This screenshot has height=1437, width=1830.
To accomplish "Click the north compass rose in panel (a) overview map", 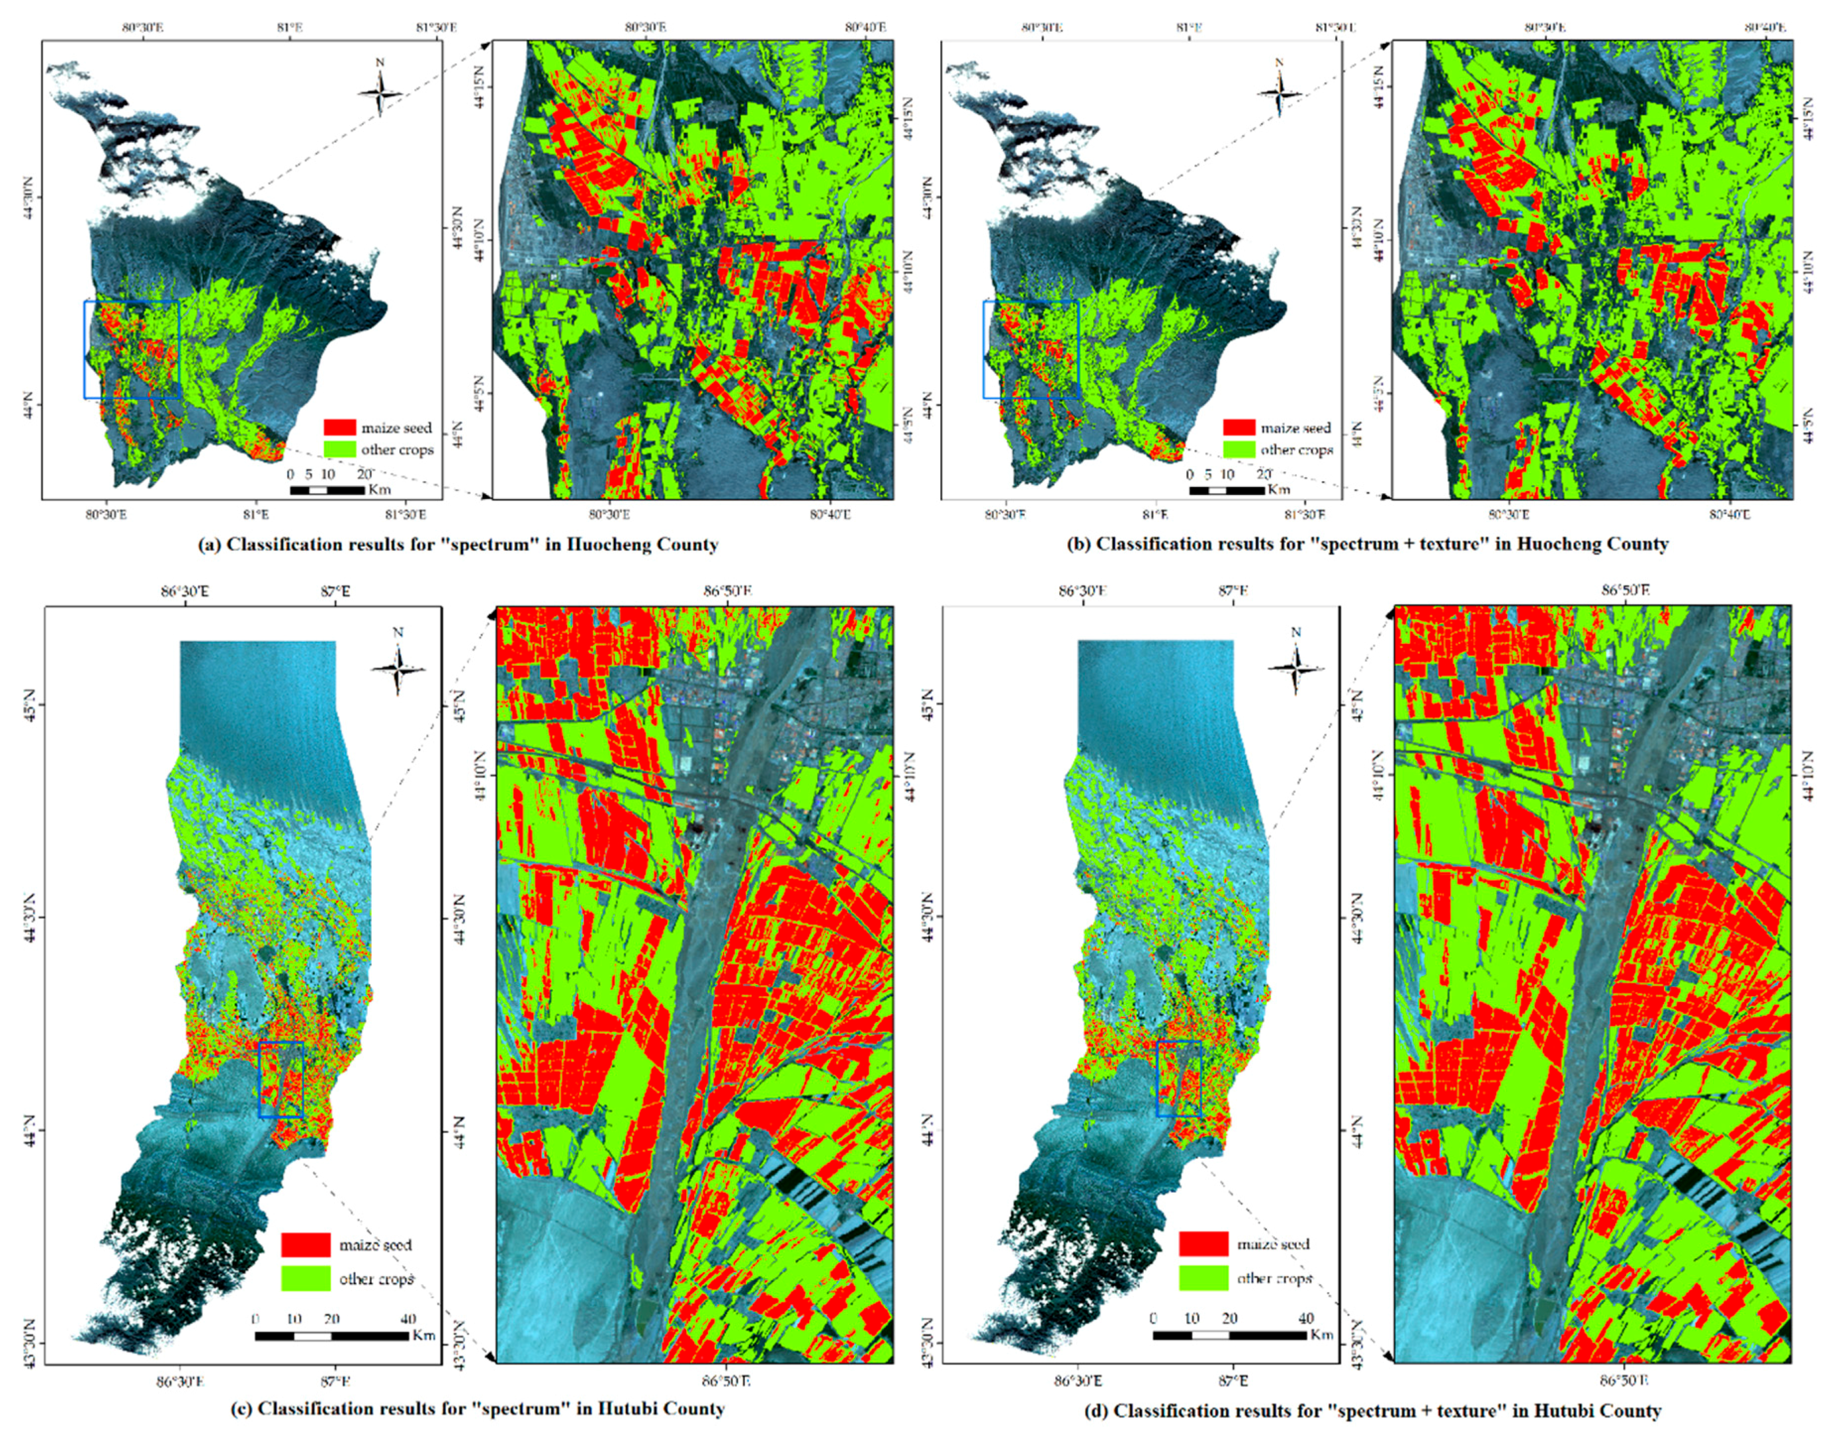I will (x=380, y=91).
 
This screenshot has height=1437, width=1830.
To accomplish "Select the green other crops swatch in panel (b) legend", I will (x=1238, y=449).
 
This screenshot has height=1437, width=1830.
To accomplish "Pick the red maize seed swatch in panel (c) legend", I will (x=305, y=1244).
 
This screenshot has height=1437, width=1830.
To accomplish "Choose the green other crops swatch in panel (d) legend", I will (x=1203, y=1277).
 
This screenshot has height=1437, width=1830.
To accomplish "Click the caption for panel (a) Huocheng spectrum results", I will (x=458, y=544).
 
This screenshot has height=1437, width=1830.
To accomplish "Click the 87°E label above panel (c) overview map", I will (x=335, y=592).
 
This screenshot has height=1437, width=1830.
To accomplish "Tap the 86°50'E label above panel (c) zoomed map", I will (x=728, y=592).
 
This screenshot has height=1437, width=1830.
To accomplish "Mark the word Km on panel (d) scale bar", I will (x=1321, y=1335).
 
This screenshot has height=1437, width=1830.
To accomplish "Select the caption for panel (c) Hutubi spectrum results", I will (x=478, y=1409).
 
